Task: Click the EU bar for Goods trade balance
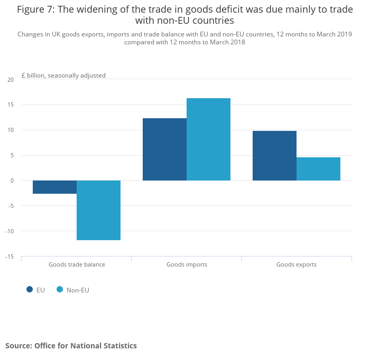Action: (54, 187)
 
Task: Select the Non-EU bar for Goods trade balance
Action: (98, 210)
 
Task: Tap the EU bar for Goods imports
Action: (164, 149)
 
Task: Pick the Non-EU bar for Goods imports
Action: (208, 139)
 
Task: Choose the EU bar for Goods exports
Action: (274, 156)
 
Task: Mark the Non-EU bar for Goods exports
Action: (318, 169)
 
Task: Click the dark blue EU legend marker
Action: (30, 289)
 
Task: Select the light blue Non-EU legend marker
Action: (60, 289)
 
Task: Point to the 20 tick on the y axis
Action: (11, 80)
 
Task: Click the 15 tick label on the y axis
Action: (11, 105)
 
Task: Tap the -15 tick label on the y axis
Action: (10, 257)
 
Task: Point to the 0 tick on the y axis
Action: (12, 181)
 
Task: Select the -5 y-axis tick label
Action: (11, 206)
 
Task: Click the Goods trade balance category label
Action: (77, 264)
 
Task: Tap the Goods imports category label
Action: (187, 264)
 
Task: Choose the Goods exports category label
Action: (297, 264)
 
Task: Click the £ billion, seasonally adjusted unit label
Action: (63, 75)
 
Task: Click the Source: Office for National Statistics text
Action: (71, 346)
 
